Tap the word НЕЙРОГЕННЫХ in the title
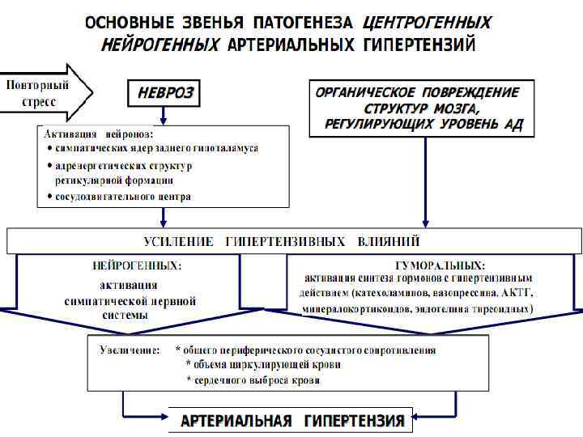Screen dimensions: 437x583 click(160, 44)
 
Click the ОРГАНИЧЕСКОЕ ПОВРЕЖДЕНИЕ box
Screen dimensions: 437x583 click(423, 108)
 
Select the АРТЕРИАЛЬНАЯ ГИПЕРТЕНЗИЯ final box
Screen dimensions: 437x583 click(291, 421)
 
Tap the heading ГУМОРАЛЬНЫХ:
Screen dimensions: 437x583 click(439, 265)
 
